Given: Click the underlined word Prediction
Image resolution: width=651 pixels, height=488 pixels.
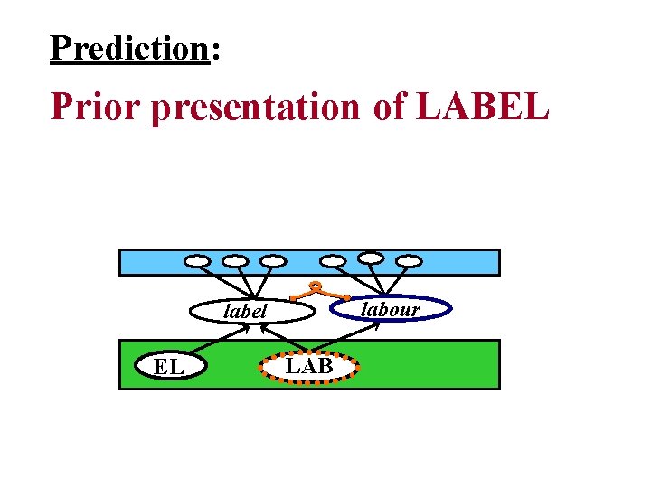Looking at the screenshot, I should pyautogui.click(x=129, y=47).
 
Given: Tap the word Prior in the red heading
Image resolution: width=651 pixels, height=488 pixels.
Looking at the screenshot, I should pyautogui.click(x=98, y=106).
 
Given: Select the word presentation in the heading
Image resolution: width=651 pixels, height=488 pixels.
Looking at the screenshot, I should pyautogui.click(x=256, y=108).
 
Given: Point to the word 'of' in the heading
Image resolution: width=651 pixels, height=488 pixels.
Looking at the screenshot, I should pyautogui.click(x=389, y=106).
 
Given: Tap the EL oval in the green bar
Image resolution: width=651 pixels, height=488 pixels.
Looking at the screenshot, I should pyautogui.click(x=169, y=367).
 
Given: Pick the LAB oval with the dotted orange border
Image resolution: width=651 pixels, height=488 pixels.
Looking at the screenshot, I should pyautogui.click(x=308, y=366).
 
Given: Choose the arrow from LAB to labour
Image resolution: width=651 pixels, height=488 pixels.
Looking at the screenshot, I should pyautogui.click(x=348, y=338).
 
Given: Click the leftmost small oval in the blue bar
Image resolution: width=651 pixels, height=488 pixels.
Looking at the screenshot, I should pyautogui.click(x=196, y=262).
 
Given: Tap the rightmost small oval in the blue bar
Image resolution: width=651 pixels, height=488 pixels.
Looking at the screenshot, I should pyautogui.click(x=410, y=262).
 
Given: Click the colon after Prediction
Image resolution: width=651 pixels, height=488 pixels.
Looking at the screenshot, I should pyautogui.click(x=214, y=52).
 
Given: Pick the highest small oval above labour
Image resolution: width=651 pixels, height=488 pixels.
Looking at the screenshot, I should pyautogui.click(x=371, y=257).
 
